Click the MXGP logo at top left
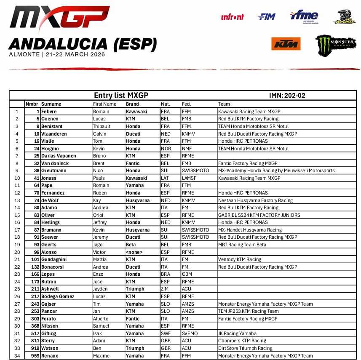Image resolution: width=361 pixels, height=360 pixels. click(x=60, y=20)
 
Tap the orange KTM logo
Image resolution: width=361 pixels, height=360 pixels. click(x=286, y=44)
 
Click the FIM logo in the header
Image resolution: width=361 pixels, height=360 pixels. click(x=266, y=17)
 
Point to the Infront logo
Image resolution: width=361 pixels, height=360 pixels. click(x=232, y=17)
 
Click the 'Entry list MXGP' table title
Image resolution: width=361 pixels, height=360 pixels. click(x=121, y=96)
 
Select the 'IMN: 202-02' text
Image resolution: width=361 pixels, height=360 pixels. click(x=287, y=96)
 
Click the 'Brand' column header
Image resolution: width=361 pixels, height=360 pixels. click(x=132, y=104)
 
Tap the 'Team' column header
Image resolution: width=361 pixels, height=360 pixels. click(x=224, y=104)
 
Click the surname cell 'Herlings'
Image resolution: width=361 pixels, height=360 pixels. click(x=51, y=222)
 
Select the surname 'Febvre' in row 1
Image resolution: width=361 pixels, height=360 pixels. click(x=49, y=112)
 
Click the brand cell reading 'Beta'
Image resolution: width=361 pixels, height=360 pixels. click(x=131, y=245)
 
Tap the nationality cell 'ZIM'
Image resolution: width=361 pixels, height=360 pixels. click(x=165, y=289)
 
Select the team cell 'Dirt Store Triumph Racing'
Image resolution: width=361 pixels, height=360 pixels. click(x=245, y=348)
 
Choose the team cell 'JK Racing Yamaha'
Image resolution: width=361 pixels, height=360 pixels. click(x=237, y=333)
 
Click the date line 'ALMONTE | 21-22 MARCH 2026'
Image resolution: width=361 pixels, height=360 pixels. click(x=57, y=55)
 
